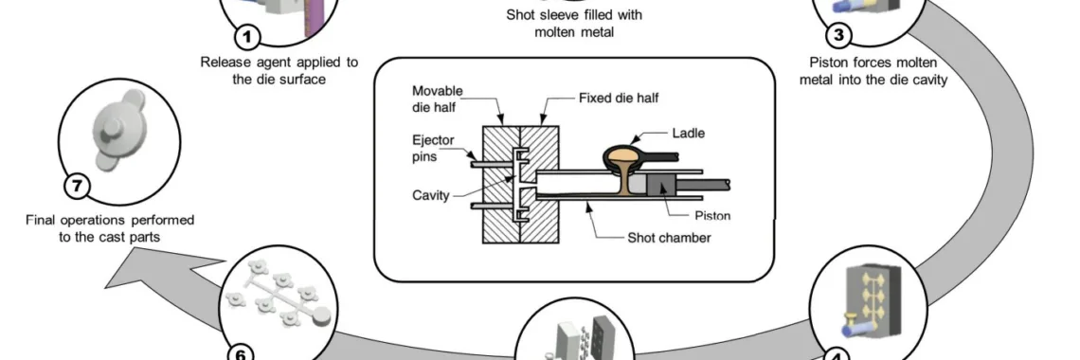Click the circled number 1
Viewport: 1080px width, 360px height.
click(248, 37)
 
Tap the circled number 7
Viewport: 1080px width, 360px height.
click(77, 186)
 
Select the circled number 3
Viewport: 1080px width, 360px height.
click(838, 35)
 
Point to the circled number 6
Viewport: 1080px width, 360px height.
click(241, 353)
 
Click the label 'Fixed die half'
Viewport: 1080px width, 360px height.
click(618, 98)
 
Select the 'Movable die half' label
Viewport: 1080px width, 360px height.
click(438, 99)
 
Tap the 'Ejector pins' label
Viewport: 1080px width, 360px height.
click(433, 148)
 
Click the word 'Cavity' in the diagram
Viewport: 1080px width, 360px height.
click(430, 195)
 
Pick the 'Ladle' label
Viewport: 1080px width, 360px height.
click(688, 133)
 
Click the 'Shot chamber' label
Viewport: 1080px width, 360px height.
click(669, 238)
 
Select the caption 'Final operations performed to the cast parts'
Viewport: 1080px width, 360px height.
click(110, 228)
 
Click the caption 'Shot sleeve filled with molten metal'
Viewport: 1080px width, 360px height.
click(574, 23)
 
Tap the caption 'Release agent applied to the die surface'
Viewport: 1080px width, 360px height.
click(279, 70)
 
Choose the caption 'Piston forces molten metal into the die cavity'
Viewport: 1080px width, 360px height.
click(873, 71)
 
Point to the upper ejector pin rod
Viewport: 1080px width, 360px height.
click(492, 164)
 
